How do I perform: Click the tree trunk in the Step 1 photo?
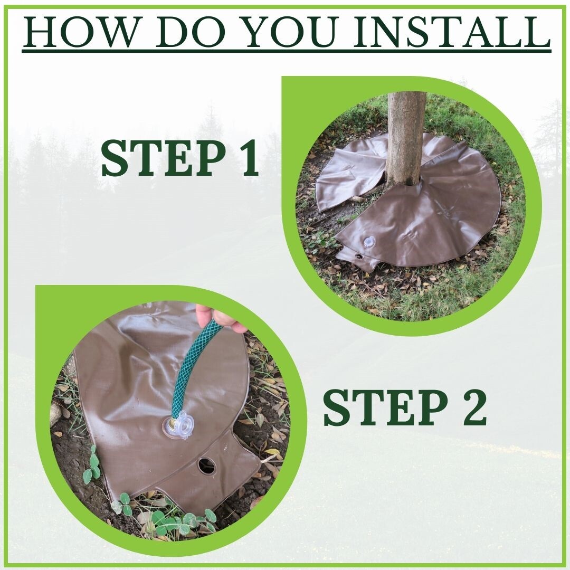pos(405,137)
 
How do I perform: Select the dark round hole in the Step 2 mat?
pos(207,465)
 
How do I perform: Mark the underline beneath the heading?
pos(287,51)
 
